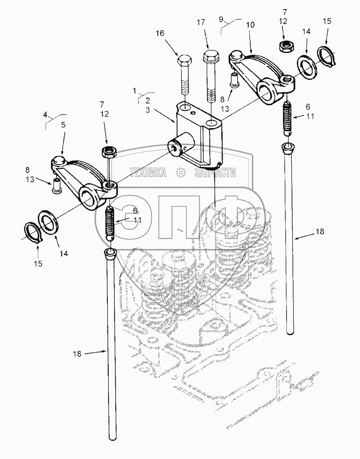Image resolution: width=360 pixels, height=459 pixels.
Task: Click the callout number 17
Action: [201, 23]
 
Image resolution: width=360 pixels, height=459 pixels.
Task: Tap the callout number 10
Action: [250, 25]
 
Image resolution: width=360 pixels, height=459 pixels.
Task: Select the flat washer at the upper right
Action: [307, 66]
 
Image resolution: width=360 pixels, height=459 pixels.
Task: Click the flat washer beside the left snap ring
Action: [49, 221]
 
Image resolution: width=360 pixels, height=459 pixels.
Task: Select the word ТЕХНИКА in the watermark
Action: [147, 172]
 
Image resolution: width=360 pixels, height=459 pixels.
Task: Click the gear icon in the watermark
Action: [180, 172]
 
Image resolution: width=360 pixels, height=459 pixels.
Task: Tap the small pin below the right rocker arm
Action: [234, 79]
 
